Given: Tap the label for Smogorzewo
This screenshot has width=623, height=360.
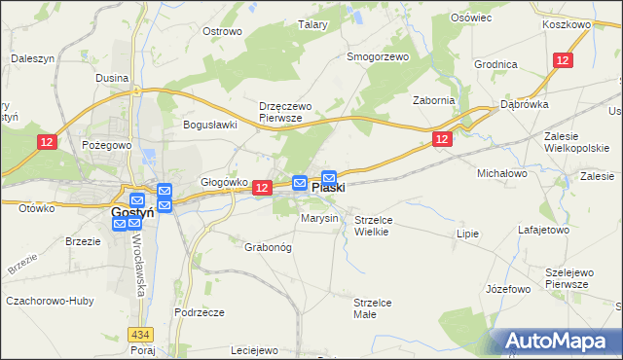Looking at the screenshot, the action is pos(379,56).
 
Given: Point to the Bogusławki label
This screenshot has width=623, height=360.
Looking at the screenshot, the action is pos(211,125).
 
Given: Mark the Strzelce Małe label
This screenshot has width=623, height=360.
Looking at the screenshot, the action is pos(372,308).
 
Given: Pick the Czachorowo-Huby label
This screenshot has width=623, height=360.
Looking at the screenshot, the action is pos(44,301).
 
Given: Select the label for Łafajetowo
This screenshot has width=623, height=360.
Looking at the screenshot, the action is pos(543,231).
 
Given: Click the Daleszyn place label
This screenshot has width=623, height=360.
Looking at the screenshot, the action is pos(31,58).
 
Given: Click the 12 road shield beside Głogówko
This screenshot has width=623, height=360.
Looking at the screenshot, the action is pos(260,187).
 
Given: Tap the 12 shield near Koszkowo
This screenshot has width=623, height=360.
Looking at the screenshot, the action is pos(563,60).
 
